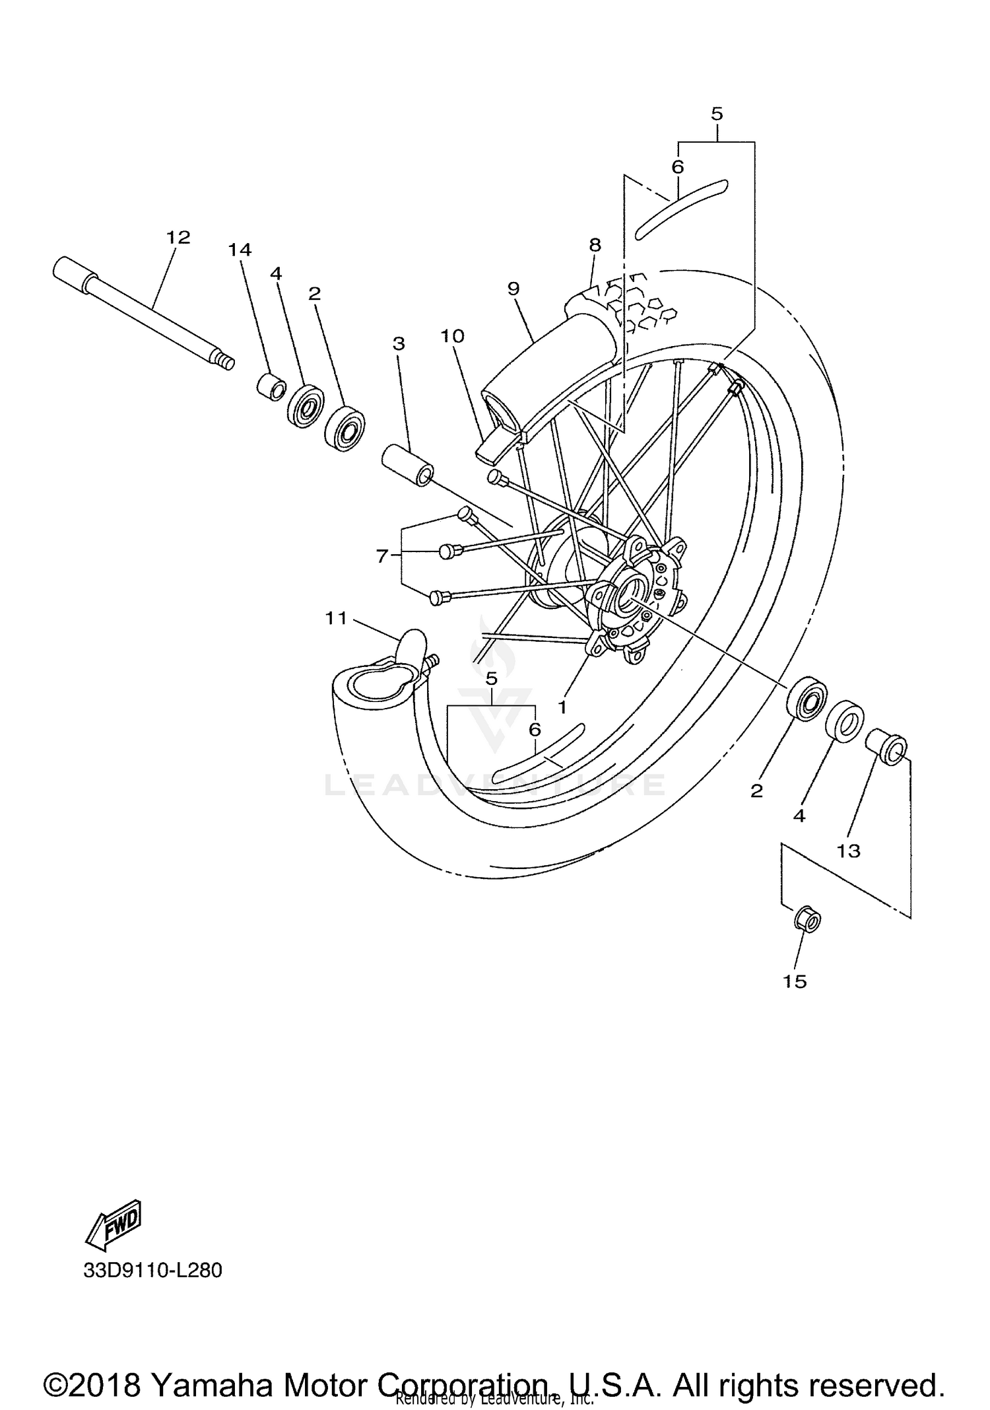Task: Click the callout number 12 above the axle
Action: pos(178,237)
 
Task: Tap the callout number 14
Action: pos(240,250)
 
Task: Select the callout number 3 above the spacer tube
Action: pos(398,343)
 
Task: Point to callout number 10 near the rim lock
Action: pos(453,336)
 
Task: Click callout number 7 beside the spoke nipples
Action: pos(382,557)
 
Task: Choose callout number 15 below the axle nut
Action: pos(795,981)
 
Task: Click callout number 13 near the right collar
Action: pos(849,851)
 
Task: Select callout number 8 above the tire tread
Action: pos(595,245)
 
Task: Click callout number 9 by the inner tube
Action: pos(513,289)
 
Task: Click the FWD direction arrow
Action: pos(114,1225)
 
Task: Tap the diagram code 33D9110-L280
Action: pos(152,1270)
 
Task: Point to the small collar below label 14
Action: pos(271,387)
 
